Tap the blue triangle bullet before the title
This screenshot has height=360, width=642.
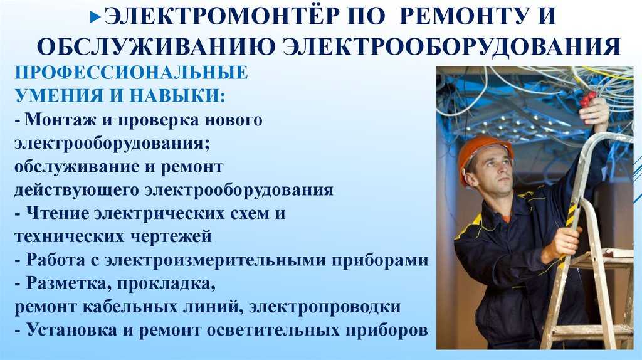(96, 17)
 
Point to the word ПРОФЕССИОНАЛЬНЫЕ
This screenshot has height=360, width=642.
(132, 73)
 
